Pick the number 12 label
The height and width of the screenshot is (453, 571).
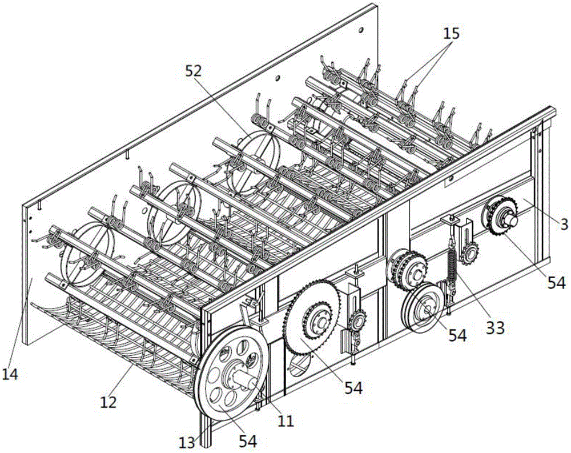point(108,402)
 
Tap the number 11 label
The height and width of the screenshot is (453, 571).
point(285,422)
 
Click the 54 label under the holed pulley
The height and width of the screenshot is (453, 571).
point(247,440)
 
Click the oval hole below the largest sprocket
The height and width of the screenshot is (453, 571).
point(299,363)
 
